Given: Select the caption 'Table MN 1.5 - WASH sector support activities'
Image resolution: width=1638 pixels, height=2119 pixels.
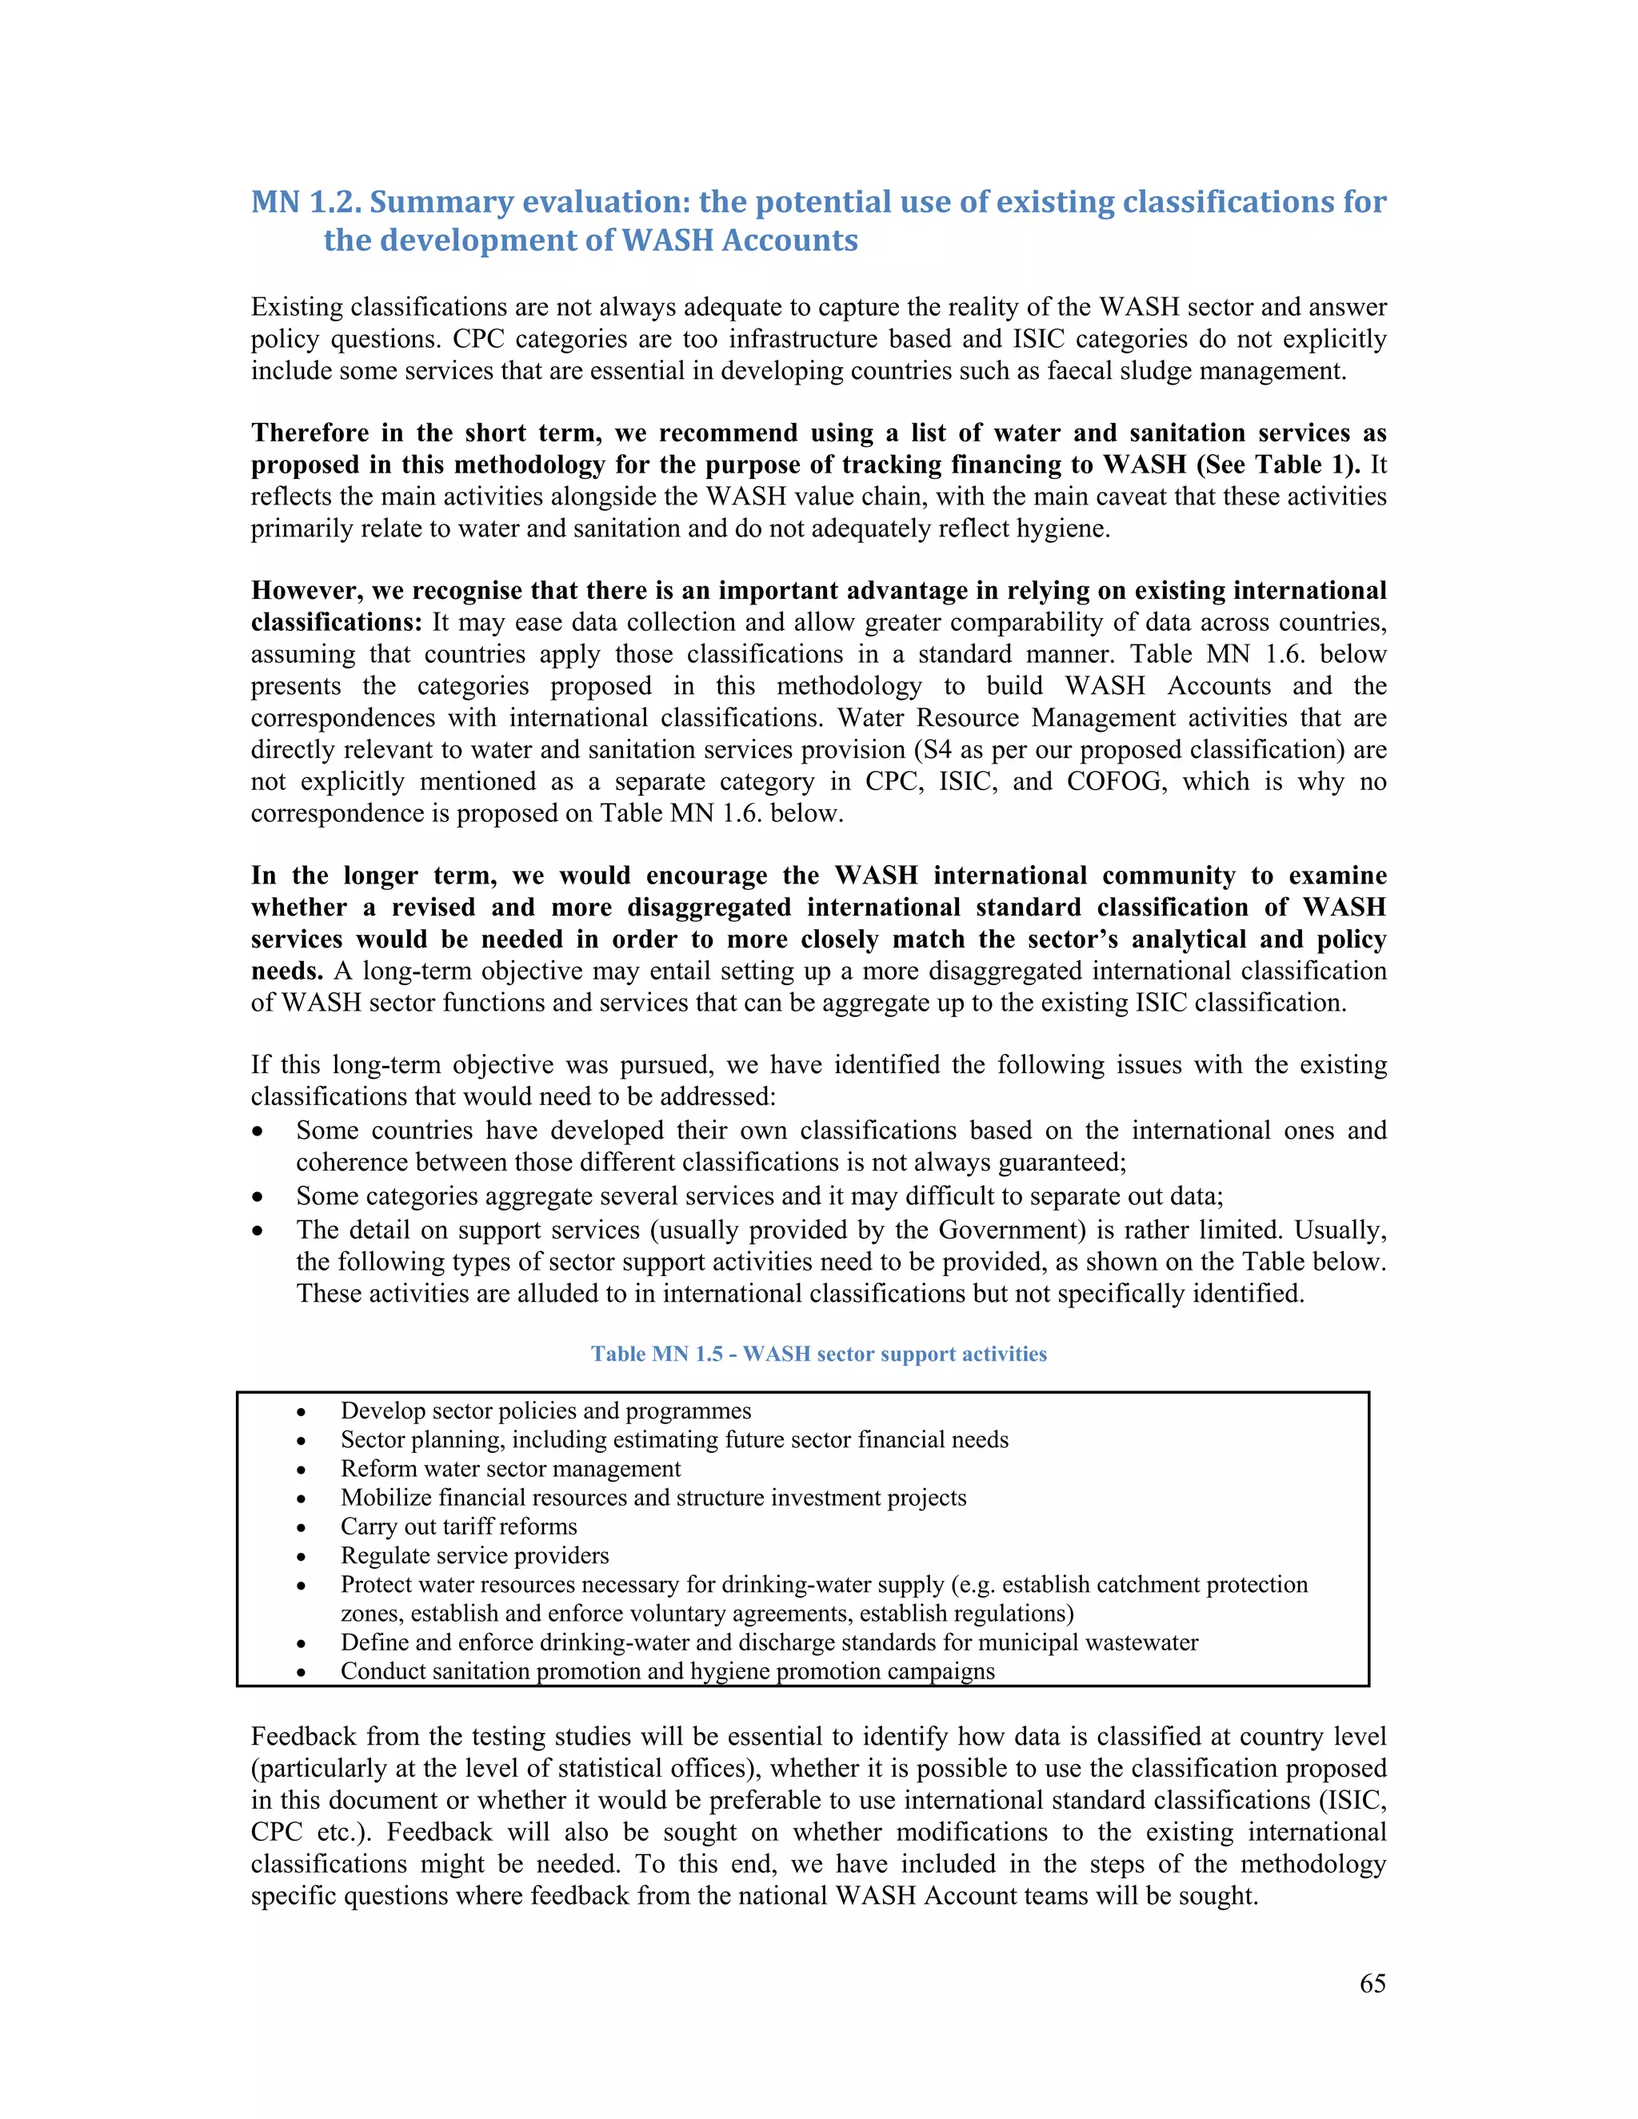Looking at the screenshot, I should tap(819, 1354).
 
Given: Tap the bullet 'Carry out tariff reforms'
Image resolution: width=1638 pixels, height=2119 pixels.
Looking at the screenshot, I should tap(458, 1526).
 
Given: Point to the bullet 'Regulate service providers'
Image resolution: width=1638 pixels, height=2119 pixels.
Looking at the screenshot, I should tap(474, 1555).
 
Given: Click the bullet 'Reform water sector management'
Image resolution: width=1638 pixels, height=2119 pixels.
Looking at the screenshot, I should tap(510, 1469).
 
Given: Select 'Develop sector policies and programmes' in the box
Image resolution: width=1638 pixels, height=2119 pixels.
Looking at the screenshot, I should tap(545, 1411).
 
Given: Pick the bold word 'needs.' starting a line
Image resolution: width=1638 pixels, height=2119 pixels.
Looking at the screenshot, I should tap(287, 972).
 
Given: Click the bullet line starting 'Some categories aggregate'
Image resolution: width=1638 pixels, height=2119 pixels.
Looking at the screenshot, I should tap(759, 1196).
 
